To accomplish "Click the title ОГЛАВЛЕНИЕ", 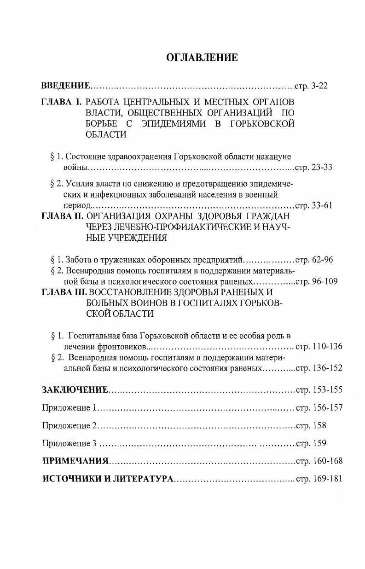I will tap(202, 58).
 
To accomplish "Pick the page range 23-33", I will tap(322, 167).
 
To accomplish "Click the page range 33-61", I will tap(322, 205).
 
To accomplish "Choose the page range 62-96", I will tap(322, 260).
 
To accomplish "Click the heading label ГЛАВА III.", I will tap(64, 292).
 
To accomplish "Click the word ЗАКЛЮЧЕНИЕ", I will tap(75, 390).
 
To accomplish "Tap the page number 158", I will tap(319, 425).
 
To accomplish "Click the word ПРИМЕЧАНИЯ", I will tap(76, 461).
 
